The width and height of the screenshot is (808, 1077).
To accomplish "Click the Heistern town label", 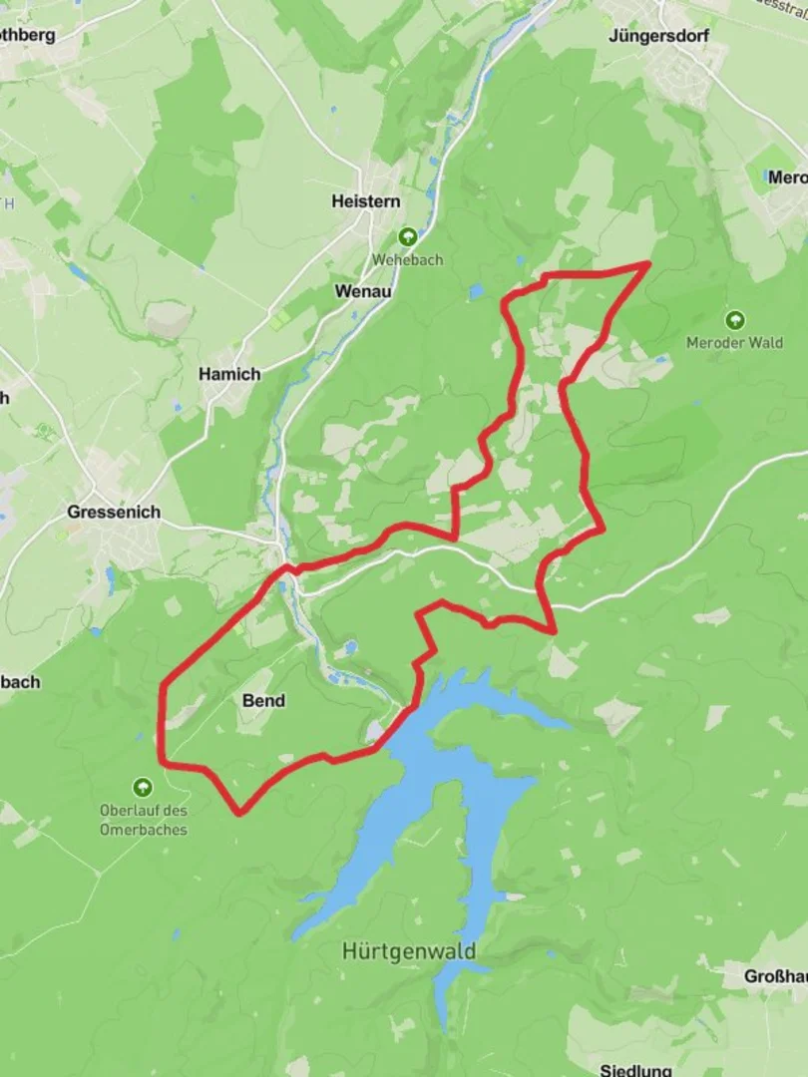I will click(366, 201).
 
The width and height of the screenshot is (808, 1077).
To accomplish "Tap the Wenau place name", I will click(363, 291).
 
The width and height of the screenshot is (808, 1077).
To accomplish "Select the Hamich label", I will click(229, 374).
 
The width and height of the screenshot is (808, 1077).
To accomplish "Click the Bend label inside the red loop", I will click(263, 701).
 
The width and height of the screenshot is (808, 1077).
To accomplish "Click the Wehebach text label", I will click(407, 259).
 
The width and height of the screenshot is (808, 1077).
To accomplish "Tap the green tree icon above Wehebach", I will click(407, 237).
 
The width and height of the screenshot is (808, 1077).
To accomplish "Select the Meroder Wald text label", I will click(734, 342).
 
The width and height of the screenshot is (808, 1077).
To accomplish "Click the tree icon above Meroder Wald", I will click(735, 320).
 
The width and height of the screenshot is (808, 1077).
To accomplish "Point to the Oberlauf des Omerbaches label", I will click(144, 820).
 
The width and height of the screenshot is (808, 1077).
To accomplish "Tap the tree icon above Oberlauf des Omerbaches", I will click(143, 787).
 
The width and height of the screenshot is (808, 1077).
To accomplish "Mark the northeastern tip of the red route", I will click(649, 263).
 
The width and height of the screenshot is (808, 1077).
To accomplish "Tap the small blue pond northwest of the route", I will click(476, 291).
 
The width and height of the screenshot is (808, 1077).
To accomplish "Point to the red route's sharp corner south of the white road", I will click(553, 630).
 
